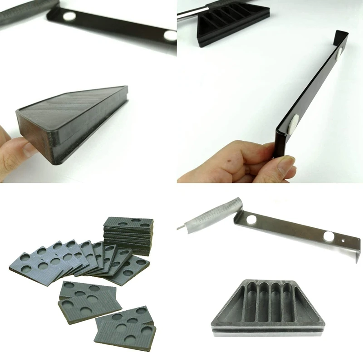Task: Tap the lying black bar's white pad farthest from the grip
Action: (x=170, y=35)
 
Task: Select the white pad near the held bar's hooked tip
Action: (x=340, y=54)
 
